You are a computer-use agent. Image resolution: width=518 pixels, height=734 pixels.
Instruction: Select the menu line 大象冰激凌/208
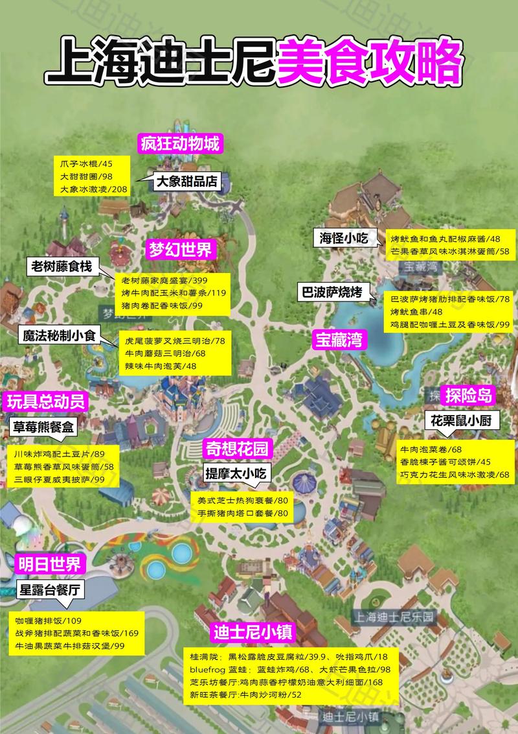(x=94, y=189)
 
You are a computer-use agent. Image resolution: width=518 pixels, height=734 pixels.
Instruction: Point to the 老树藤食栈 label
(x=64, y=266)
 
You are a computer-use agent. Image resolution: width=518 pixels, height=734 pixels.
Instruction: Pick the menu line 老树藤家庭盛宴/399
(x=164, y=281)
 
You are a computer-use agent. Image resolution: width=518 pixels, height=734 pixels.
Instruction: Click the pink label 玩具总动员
(x=46, y=401)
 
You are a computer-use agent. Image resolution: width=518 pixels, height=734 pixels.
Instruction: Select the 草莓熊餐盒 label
(x=45, y=427)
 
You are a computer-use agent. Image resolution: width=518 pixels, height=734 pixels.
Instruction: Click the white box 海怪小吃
(x=343, y=238)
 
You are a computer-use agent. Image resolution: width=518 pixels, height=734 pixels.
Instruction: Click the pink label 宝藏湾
(x=338, y=338)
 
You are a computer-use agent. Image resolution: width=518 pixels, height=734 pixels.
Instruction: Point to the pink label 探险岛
(x=469, y=395)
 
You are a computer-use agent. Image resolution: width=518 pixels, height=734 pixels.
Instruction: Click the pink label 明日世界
(x=49, y=563)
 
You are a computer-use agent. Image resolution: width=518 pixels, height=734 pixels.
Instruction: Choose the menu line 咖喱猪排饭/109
(x=49, y=621)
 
